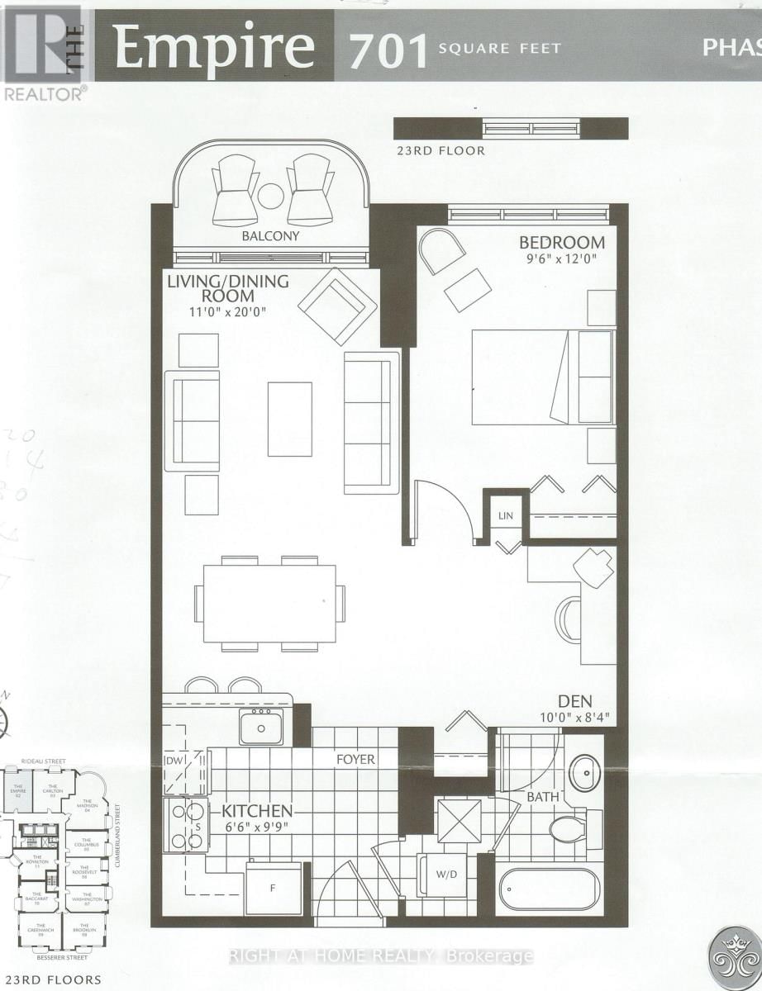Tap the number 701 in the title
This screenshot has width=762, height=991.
tap(388, 49)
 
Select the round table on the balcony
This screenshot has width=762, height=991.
tap(270, 197)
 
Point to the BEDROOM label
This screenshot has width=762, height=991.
tap(561, 243)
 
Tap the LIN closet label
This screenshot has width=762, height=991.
tap(505, 516)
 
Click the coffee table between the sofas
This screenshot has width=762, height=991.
tap(290, 419)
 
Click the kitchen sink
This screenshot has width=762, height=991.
tap(260, 727)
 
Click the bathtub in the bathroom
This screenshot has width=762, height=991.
tap(549, 890)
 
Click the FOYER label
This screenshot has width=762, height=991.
tap(355, 759)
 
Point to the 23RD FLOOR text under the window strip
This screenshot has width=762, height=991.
tap(440, 151)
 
